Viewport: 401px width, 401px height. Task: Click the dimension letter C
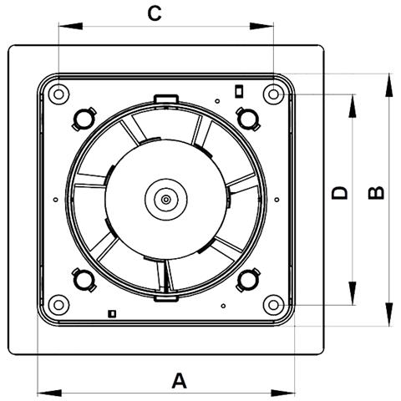155,14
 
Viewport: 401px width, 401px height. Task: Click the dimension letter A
179,381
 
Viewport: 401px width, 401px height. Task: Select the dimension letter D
340,193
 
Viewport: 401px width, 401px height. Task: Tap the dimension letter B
376,193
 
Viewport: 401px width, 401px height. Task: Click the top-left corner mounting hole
58,94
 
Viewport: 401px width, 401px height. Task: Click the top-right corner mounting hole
273,94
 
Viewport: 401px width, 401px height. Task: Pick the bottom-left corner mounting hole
58,305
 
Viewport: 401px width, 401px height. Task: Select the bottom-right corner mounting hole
273,305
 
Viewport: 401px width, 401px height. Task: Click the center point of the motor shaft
166,200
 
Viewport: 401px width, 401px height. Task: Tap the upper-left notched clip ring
84,119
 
